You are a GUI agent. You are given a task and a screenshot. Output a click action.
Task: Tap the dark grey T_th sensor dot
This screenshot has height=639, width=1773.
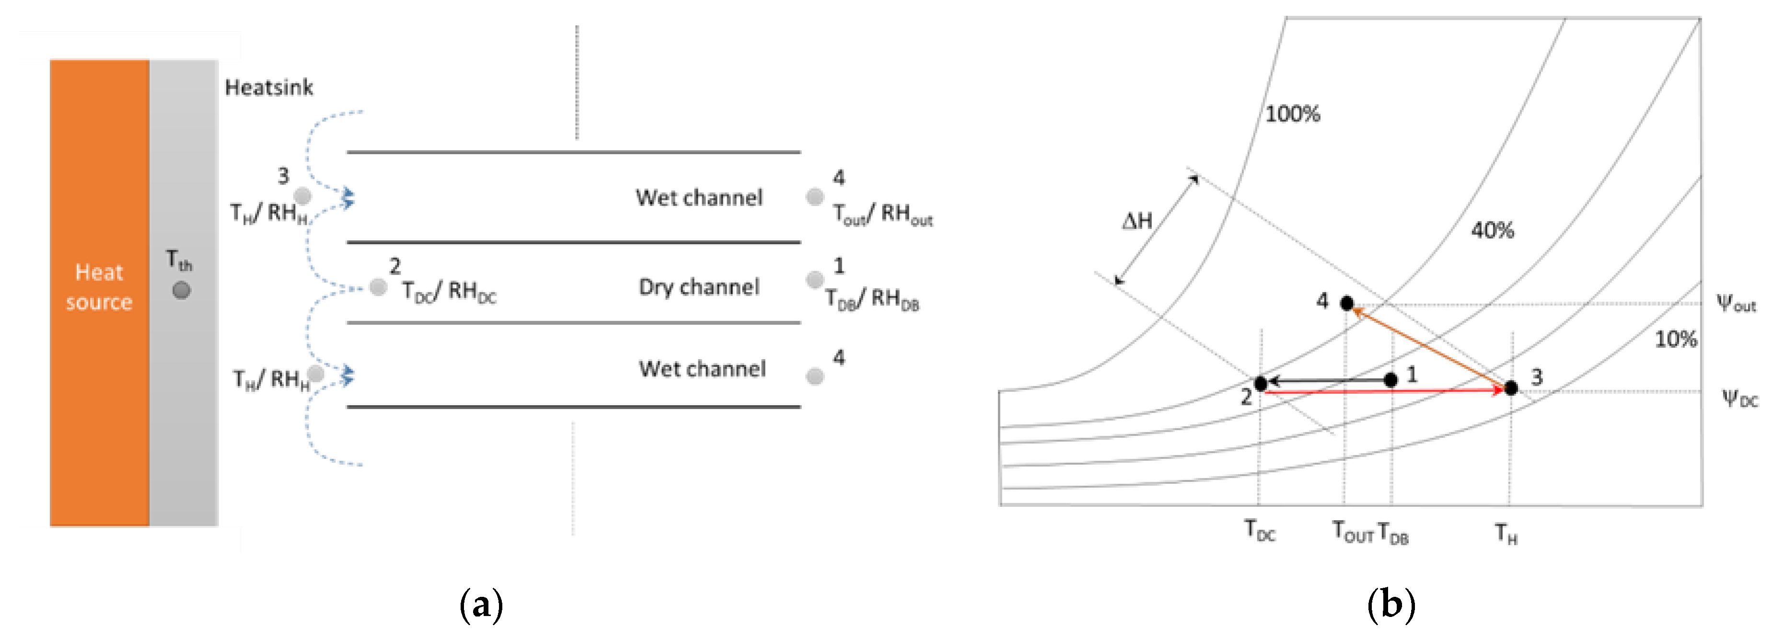coord(182,290)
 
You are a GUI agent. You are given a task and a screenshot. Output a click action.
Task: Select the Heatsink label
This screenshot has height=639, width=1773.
coord(269,87)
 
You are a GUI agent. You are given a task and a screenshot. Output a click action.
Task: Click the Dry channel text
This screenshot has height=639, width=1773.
coord(698,287)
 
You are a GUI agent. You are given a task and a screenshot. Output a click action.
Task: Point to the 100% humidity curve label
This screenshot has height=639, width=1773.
coord(1293,114)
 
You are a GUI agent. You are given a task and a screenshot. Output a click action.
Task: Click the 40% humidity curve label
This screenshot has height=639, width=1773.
coord(1492,230)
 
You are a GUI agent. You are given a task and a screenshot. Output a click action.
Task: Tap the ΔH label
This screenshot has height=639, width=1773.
coord(1137,221)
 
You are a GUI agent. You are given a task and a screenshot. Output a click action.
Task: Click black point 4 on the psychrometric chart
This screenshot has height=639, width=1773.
coord(1347,303)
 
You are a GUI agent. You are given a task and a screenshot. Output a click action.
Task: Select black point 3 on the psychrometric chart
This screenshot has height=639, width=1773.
coord(1511,388)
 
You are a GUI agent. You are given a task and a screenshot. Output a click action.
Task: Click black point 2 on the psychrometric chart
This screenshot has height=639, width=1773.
coord(1260,384)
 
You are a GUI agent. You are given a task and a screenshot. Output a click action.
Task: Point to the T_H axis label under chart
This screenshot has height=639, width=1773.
coord(1506,533)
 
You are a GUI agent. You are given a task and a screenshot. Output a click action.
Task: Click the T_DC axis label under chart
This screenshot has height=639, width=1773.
coord(1260,531)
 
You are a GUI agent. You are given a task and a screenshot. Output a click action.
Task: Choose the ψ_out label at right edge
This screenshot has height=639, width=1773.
coord(1736,303)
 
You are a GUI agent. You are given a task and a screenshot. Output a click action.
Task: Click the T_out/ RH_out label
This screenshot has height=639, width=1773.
coord(882,215)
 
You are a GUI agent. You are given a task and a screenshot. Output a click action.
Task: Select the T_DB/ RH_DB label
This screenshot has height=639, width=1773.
coord(872,299)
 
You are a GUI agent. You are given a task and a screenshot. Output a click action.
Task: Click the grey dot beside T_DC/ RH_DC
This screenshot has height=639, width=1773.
coord(378,287)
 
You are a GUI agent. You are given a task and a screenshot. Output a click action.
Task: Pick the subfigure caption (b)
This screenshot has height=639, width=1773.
coord(1391,605)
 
